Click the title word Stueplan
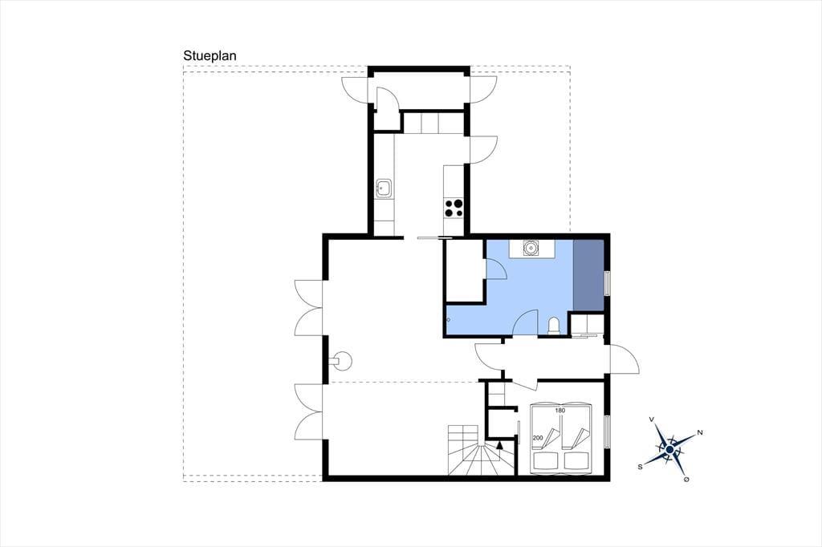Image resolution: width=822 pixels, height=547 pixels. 210,56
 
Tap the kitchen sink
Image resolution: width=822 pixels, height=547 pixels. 384,188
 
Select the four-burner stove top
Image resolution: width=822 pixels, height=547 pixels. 454,208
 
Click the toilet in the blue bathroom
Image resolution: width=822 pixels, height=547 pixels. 554,326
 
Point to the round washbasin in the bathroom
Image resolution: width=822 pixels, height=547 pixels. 531,247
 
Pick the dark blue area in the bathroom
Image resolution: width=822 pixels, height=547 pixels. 588,275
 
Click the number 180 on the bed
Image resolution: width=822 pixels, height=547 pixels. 560,411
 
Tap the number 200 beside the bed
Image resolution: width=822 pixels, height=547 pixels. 537,437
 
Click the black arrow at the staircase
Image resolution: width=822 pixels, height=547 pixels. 499,445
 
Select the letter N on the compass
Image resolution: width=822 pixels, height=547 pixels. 699,433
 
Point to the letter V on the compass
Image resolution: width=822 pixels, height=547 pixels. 652,419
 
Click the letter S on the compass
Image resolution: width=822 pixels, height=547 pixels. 640,466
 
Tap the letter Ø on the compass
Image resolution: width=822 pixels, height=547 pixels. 687,480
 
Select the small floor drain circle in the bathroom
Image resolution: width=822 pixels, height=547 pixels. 448,319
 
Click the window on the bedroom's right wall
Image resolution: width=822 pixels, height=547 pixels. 608,432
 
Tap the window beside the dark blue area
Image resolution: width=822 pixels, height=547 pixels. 608,283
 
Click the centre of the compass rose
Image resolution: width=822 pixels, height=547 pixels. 669,449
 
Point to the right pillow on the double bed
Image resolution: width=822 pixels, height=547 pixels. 576,460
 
